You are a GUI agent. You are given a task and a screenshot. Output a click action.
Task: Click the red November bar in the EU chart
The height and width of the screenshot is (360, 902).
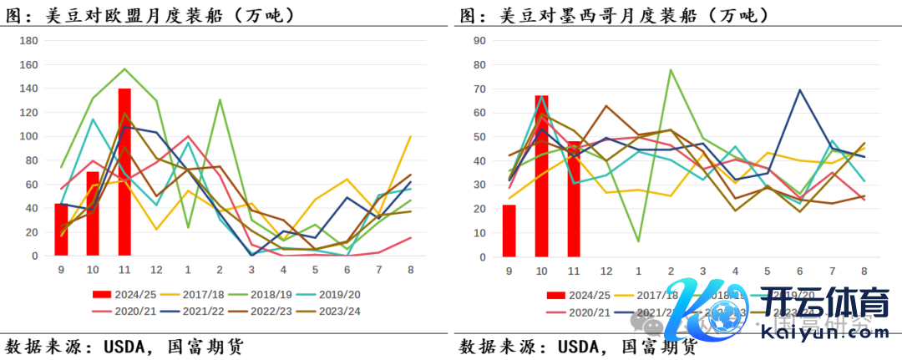tap(124, 171)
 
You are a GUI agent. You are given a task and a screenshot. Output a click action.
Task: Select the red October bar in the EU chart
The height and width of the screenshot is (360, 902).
tap(93, 213)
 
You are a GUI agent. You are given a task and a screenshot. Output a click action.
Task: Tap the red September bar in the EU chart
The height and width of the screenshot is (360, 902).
tap(61, 229)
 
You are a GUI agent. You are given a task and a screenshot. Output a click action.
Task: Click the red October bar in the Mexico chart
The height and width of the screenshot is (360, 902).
tap(541, 175)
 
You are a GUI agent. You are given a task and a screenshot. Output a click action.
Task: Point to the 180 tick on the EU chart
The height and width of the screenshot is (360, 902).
tap(28, 41)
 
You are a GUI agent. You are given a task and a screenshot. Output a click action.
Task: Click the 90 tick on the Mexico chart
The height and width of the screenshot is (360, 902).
tap(479, 41)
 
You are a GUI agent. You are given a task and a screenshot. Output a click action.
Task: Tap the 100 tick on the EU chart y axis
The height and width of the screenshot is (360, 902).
tap(28, 136)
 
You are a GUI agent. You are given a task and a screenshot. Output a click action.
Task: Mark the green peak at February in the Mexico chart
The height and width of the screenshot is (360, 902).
tap(671, 69)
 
